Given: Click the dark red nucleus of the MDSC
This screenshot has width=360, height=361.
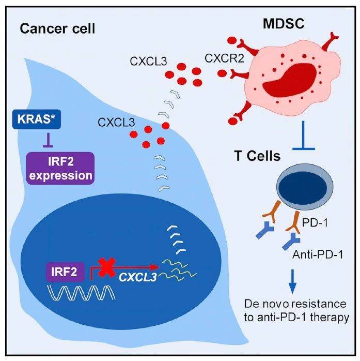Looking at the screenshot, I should pos(295,86).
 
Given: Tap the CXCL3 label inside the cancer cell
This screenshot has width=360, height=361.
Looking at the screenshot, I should pos(115,123).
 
